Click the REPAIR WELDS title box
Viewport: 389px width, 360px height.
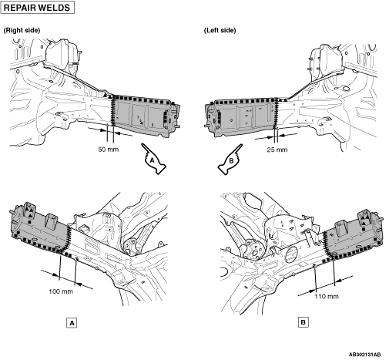click(38, 8)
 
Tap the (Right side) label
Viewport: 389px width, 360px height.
click(22, 30)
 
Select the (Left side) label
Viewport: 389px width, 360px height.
click(220, 30)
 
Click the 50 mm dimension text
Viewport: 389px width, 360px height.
click(109, 150)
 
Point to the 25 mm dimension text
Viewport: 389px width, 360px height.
click(277, 150)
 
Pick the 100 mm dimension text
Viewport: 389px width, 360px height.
click(61, 291)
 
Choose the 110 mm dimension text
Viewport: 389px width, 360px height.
click(327, 297)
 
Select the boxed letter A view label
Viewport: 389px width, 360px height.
click(72, 323)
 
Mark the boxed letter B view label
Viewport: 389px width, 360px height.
click(303, 322)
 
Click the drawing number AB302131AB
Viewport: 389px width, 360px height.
click(364, 355)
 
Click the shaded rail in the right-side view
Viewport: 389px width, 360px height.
click(145, 116)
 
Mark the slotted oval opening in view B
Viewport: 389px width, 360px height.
click(291, 254)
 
